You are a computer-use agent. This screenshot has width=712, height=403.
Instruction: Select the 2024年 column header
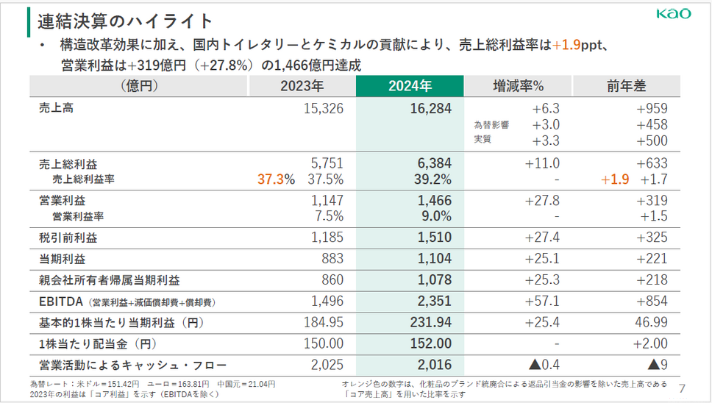(410, 86)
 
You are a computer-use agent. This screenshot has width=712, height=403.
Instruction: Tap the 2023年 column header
(302, 86)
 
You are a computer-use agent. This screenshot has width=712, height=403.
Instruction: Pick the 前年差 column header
(626, 86)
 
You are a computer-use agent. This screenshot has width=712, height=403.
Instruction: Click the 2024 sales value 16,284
(430, 109)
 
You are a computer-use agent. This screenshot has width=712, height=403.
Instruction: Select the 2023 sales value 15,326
(323, 109)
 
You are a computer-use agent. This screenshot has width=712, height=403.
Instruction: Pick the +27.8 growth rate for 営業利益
(542, 200)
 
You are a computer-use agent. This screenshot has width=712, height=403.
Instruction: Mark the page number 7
(681, 388)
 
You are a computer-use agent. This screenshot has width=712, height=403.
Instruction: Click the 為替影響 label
(492, 125)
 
